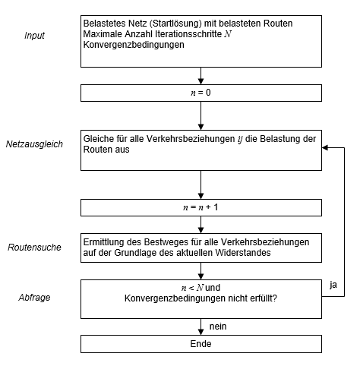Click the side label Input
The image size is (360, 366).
point(34,36)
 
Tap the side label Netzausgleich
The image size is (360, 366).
point(34,144)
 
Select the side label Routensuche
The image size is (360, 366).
point(34,248)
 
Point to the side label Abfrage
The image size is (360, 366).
point(34,298)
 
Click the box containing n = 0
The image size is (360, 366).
point(201,93)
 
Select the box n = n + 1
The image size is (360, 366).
point(201,207)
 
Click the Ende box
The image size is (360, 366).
point(201,344)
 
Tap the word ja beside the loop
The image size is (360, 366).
point(333,285)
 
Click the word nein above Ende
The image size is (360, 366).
point(218,327)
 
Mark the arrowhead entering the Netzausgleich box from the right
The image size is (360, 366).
point(325,148)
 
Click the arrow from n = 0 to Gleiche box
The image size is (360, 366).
point(201,116)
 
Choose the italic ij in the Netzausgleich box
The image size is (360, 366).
point(240,139)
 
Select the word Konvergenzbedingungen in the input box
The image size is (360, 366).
point(134,45)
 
